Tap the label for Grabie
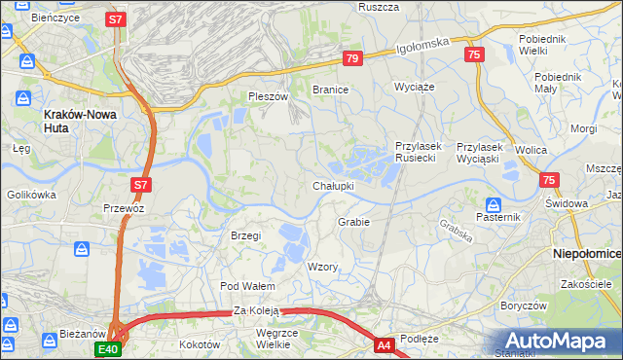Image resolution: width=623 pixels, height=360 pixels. tap(353, 222)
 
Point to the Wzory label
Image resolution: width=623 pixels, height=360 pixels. tap(322, 267)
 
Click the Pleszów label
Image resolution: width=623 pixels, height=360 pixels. tap(269, 96)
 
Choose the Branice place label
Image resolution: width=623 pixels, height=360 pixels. tap(330, 89)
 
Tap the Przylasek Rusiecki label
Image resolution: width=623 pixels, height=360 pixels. tap(420, 152)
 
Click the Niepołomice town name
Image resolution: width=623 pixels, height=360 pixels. tap(587, 252)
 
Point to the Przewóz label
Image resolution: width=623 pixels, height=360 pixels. tap(124, 208)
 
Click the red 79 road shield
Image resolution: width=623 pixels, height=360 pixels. tap(352, 59)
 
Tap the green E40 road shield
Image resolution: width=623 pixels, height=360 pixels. tap(107, 348)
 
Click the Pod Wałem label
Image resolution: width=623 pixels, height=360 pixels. tap(248, 286)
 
